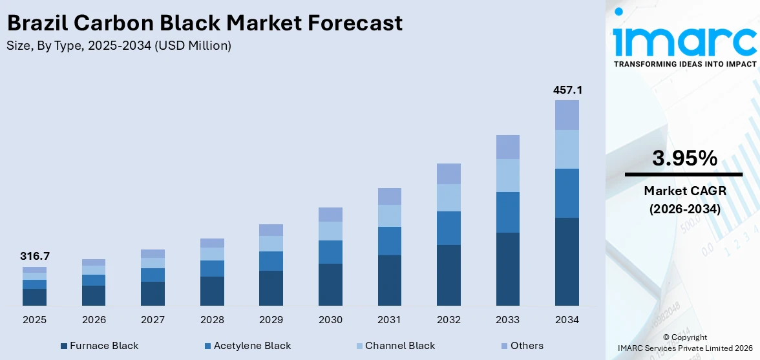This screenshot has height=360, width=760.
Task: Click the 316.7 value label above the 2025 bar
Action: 35,256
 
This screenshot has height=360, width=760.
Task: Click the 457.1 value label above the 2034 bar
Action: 567,90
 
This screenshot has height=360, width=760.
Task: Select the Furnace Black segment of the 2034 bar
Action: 567,261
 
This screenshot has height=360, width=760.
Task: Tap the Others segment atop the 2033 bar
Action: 508,147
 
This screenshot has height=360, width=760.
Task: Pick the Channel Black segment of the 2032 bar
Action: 449,198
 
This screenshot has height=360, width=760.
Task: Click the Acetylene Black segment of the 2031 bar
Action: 390,241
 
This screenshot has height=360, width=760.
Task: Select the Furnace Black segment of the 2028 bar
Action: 212,291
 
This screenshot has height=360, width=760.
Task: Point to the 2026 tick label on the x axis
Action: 94,320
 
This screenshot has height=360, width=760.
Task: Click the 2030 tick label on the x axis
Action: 330,320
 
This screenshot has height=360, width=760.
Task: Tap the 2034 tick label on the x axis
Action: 567,320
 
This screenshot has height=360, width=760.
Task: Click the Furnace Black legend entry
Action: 100,346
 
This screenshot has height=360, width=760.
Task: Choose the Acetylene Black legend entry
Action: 248,346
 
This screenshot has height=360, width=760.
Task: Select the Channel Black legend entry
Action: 395,346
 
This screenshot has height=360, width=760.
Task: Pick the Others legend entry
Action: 522,346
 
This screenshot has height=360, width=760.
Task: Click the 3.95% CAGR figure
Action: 684,158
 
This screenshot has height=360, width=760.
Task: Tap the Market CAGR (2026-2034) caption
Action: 684,200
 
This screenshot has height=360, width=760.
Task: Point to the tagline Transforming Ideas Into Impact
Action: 684,64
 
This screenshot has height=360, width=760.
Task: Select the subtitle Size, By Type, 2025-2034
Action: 118,46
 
